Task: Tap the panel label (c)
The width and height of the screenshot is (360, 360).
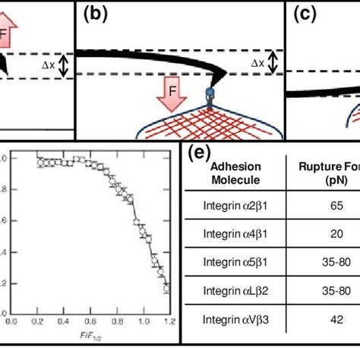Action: [303, 15]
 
